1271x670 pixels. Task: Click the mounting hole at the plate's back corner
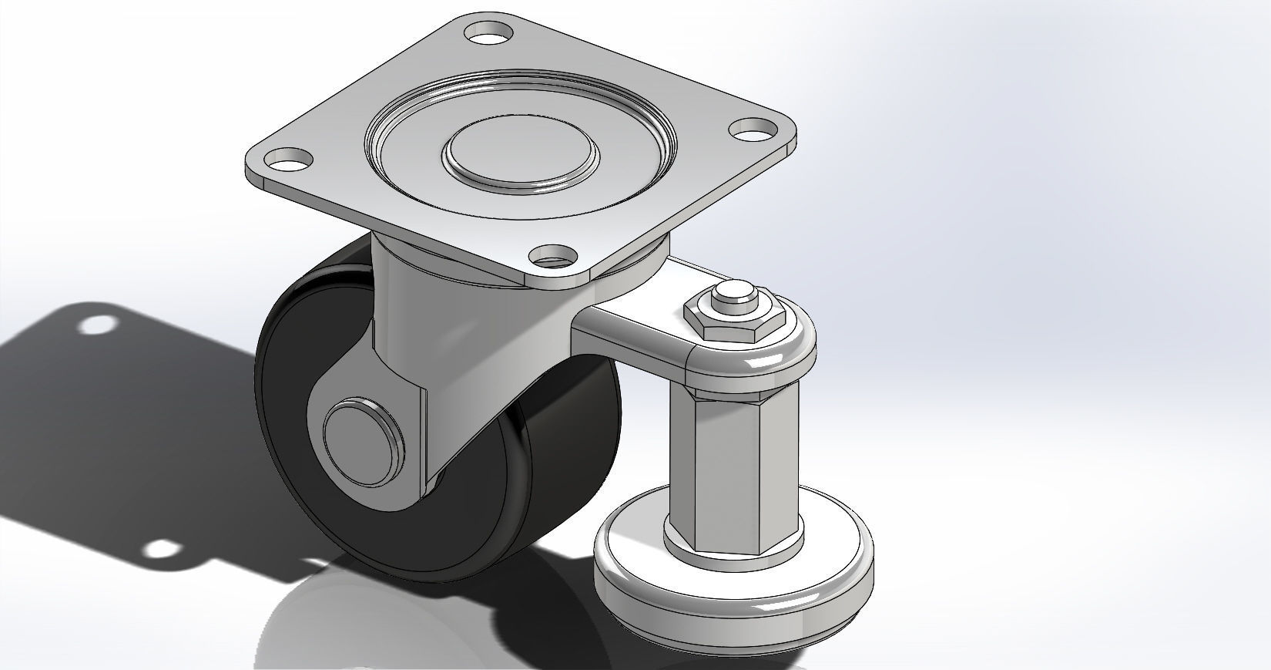489,32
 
